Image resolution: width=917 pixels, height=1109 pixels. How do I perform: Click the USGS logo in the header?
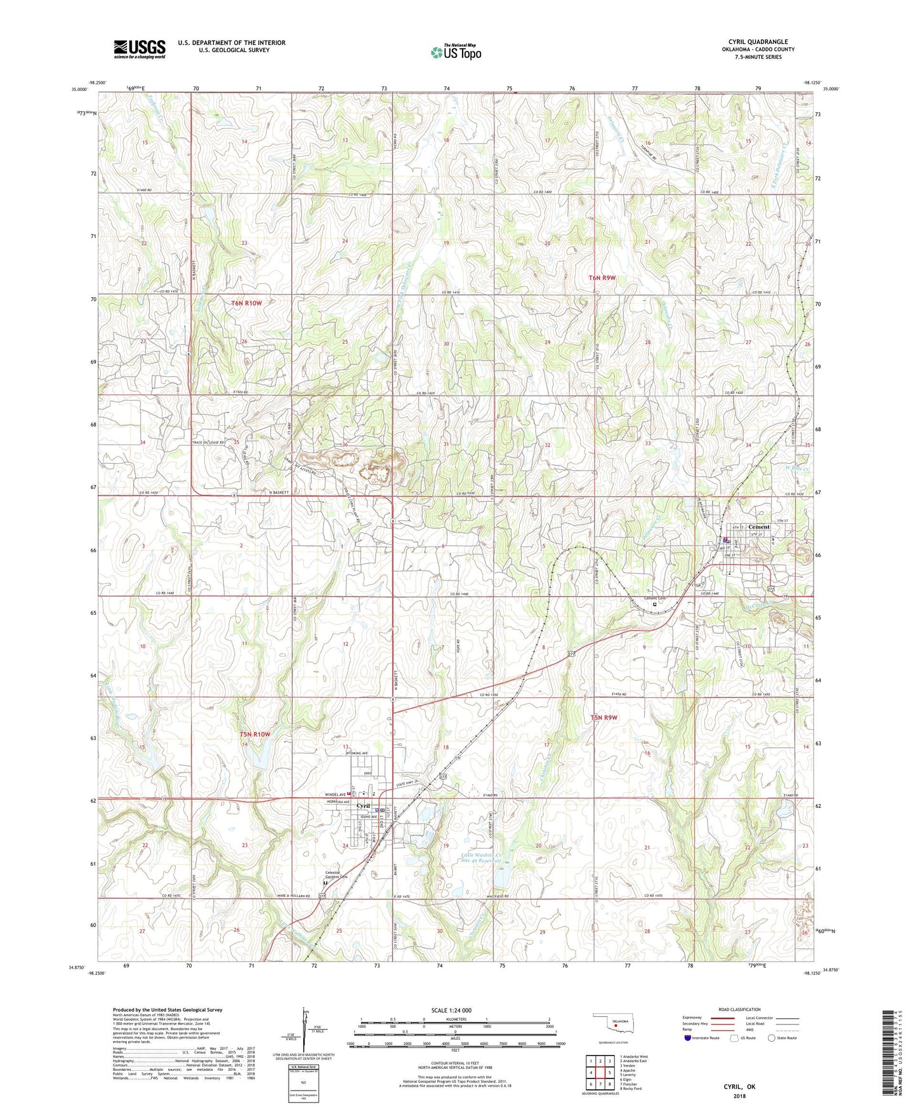coord(140,49)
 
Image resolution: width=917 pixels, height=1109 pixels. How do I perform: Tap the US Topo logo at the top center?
coord(456,52)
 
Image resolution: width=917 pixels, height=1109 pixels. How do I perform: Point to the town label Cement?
coord(758,527)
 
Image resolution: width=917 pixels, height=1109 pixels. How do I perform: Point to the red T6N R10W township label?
coord(246,303)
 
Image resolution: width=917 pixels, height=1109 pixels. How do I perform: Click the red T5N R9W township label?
coord(604,718)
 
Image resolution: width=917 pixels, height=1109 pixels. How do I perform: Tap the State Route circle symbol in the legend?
coord(771,1038)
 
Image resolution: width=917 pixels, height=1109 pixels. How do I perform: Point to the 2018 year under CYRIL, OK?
coord(739,1096)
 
